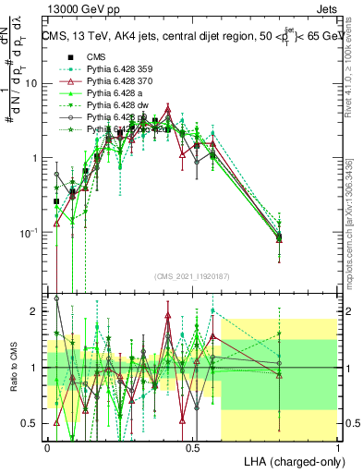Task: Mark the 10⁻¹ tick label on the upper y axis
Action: (29, 231)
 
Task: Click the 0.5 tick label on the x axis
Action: (192, 447)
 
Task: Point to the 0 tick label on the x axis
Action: (47, 447)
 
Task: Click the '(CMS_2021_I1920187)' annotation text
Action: (191, 275)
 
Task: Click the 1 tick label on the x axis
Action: (337, 447)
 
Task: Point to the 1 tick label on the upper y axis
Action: (36, 158)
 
